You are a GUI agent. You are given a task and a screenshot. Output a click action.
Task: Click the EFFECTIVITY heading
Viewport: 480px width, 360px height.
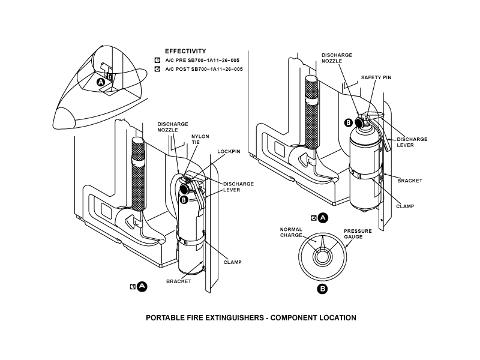185,51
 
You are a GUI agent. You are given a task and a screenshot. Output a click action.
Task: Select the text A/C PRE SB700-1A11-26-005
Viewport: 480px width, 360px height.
202,61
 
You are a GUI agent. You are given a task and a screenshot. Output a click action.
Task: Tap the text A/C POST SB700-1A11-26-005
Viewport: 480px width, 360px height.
204,69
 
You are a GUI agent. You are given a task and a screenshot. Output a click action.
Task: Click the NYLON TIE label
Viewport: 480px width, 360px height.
200,139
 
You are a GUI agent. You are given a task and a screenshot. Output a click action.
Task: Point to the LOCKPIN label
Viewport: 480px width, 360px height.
229,152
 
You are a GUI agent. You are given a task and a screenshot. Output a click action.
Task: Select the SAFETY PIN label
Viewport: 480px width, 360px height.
376,77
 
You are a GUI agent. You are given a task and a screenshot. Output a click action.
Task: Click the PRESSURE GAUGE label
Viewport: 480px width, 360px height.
358,234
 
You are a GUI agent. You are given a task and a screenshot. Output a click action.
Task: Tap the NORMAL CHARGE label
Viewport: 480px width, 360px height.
291,232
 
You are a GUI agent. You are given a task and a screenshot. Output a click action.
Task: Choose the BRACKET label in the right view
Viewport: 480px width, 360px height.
410,181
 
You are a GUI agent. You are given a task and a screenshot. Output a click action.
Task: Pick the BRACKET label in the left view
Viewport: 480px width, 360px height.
179,281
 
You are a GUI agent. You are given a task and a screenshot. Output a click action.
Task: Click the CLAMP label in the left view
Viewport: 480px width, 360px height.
233,262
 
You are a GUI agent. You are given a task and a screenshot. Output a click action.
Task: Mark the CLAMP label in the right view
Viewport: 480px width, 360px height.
406,206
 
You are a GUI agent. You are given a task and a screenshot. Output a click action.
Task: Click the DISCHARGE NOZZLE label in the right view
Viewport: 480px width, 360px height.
337,58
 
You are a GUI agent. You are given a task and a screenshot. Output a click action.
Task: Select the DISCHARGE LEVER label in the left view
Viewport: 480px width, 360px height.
238,187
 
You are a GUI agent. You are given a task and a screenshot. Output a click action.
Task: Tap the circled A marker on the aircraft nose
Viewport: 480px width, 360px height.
101,82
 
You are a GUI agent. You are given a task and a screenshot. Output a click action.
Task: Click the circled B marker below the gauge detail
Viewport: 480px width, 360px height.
322,289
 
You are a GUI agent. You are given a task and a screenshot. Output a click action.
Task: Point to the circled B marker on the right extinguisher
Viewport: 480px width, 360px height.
349,123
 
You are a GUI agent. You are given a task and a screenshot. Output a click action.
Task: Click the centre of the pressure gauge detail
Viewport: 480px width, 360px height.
323,256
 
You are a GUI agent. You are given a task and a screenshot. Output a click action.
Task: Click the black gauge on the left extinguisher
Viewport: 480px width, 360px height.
184,188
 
